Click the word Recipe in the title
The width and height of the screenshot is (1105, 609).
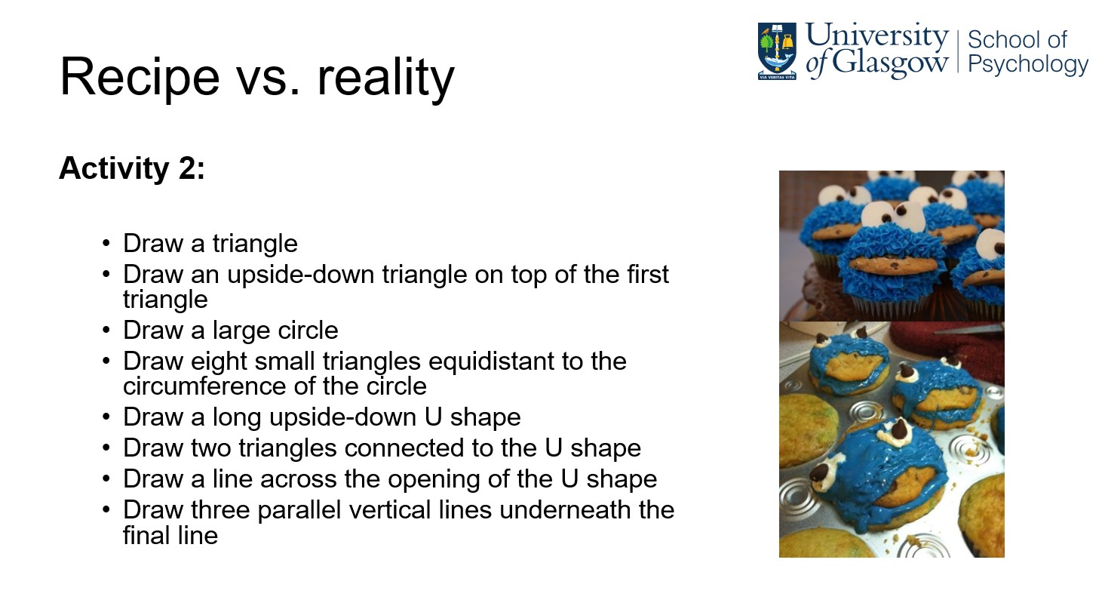click(x=140, y=78)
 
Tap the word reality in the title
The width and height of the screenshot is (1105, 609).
click(x=385, y=78)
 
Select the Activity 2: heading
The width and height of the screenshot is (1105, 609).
click(x=132, y=168)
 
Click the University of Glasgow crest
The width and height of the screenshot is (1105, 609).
click(x=777, y=51)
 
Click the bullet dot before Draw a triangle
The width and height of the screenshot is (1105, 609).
click(x=106, y=243)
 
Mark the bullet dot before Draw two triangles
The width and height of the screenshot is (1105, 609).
click(x=106, y=448)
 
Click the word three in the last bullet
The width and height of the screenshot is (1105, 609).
click(x=220, y=510)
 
